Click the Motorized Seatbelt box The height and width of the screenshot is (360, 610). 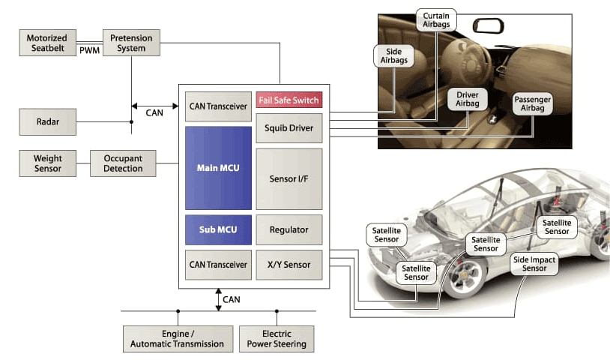click(x=47, y=43)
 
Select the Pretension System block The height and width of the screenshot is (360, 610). click(x=131, y=43)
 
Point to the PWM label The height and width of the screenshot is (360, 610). click(x=90, y=50)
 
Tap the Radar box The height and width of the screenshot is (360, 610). click(x=47, y=121)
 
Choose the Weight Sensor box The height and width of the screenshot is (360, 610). click(x=47, y=163)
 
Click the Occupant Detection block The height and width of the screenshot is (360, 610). click(x=123, y=163)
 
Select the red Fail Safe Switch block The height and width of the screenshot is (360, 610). click(x=289, y=100)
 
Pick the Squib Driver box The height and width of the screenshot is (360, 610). click(x=289, y=128)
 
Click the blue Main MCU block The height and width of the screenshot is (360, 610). click(x=218, y=168)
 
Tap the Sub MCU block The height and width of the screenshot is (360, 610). click(x=218, y=229)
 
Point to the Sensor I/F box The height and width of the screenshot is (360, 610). click(x=289, y=179)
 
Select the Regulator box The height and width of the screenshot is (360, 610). click(x=289, y=229)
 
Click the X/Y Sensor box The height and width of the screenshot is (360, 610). click(x=289, y=265)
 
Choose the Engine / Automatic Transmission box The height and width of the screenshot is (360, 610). click(x=178, y=338)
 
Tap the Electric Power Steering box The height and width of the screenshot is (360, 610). click(x=277, y=338)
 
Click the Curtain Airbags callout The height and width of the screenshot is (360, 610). click(x=436, y=21)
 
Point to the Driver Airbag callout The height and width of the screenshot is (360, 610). click(x=468, y=100)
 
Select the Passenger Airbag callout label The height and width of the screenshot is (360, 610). click(x=533, y=104)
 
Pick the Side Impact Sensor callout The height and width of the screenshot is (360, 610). click(x=534, y=263)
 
